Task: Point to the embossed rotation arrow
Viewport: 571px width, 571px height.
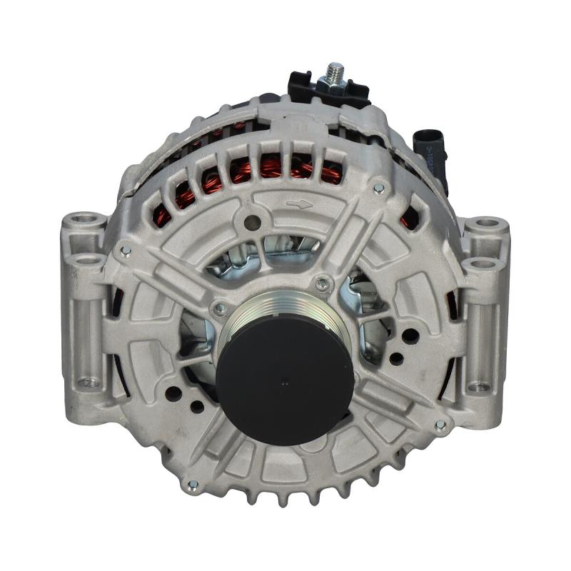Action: pos(300,204)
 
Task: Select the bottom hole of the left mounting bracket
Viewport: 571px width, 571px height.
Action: pos(89,383)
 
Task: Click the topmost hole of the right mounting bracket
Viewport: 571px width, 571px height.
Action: pos(486,222)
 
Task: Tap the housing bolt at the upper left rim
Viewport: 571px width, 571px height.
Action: pos(126,250)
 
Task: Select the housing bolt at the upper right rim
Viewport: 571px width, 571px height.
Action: pos(378,188)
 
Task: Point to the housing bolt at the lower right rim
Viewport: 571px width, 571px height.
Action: pos(440,425)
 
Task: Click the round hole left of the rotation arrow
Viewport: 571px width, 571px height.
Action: pos(250,222)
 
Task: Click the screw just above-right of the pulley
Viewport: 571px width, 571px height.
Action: pos(323,283)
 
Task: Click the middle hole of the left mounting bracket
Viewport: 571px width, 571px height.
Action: pos(89,261)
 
